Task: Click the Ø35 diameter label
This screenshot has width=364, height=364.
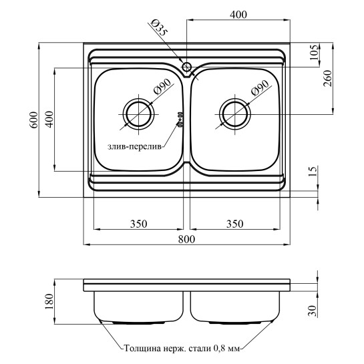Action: point(158,27)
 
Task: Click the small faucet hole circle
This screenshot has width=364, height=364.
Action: point(186,67)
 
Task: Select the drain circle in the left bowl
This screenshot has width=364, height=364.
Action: point(139,114)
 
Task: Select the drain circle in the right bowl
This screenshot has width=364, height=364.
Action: point(235,114)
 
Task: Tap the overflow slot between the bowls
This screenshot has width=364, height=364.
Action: point(180,120)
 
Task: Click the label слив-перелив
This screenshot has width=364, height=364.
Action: point(134,147)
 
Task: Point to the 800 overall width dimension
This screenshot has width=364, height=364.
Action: point(186,239)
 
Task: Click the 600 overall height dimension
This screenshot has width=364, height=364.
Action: point(34,120)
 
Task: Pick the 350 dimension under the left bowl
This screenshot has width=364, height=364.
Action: point(138,224)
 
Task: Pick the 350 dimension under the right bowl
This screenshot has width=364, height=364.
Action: point(234,224)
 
